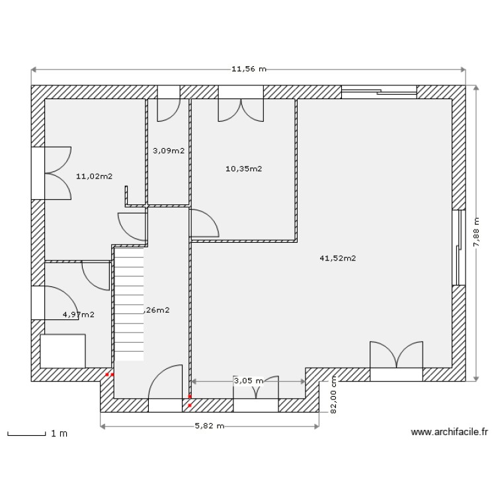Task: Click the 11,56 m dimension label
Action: [248, 69]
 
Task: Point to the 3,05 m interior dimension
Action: [248, 381]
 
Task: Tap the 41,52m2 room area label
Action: [337, 259]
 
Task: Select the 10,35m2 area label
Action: [243, 169]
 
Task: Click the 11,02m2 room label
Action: [94, 177]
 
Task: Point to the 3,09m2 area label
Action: [168, 151]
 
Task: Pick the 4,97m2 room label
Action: [78, 315]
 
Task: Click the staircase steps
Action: [130, 304]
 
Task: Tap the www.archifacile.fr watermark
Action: [449, 433]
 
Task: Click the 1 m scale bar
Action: [36, 434]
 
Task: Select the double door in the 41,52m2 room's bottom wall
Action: [395, 362]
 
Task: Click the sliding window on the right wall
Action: [457, 248]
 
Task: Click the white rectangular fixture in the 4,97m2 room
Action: [63, 351]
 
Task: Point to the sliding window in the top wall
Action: [379, 92]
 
